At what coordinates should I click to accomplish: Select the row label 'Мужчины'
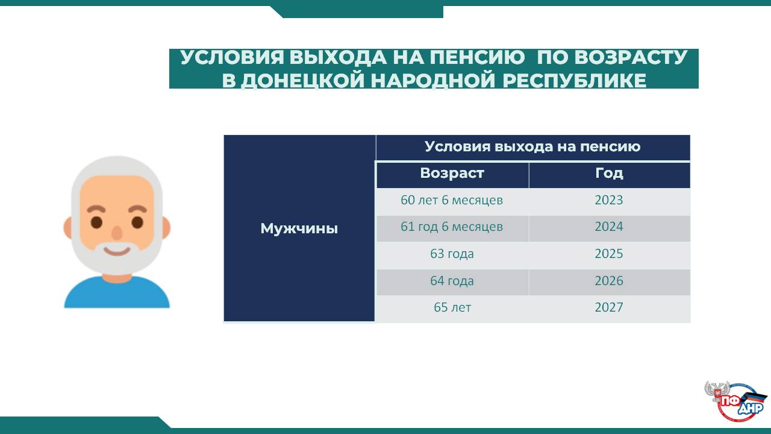pyautogui.click(x=299, y=228)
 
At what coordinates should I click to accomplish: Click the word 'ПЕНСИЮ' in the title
pyautogui.click(x=478, y=57)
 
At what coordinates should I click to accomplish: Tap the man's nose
pyautogui.click(x=117, y=233)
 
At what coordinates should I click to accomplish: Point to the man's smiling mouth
pyautogui.click(x=117, y=251)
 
